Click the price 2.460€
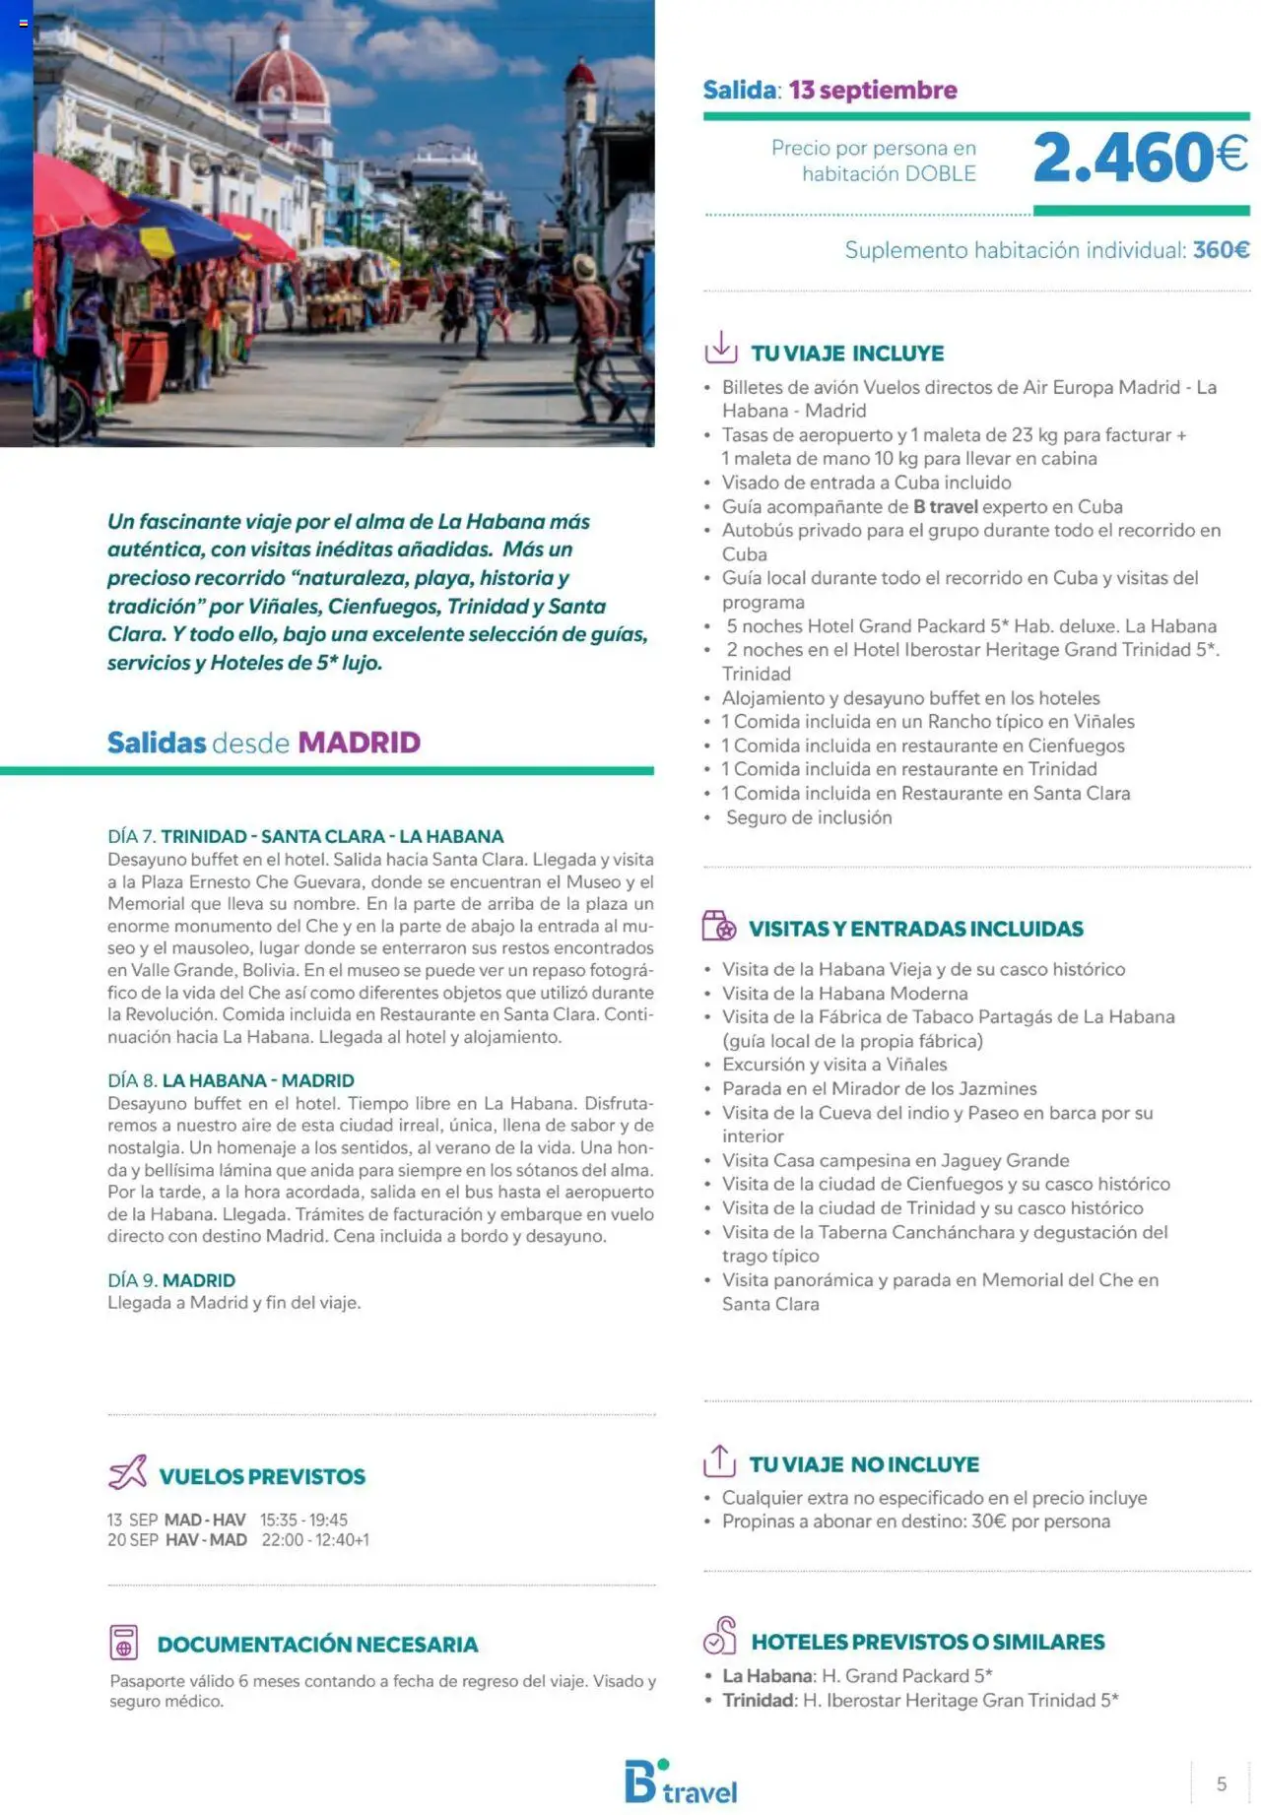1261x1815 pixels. [x=1140, y=158]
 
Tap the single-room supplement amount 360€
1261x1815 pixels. [x=1221, y=250]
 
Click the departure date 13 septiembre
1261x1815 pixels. [x=873, y=91]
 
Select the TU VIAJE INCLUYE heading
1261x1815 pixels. [x=847, y=354]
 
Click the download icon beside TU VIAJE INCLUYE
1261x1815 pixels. [x=721, y=348]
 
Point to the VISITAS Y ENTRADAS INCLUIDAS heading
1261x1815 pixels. [x=915, y=929]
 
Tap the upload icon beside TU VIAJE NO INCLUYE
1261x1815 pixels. [x=720, y=1460]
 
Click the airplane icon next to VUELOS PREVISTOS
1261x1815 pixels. [x=128, y=1472]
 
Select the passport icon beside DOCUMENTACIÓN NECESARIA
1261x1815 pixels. [x=124, y=1643]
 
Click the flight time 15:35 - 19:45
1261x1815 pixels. [x=303, y=1520]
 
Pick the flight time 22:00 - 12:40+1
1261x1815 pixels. [x=315, y=1540]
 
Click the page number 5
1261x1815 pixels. [x=1222, y=1783]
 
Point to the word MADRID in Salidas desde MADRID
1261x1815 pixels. [x=359, y=743]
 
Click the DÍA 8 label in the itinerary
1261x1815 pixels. [x=132, y=1080]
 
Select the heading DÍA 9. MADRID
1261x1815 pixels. [x=171, y=1280]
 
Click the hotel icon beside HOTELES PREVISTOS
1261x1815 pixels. [x=720, y=1636]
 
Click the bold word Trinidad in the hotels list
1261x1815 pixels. [x=758, y=1700]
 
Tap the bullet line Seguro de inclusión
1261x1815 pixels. [x=809, y=817]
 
